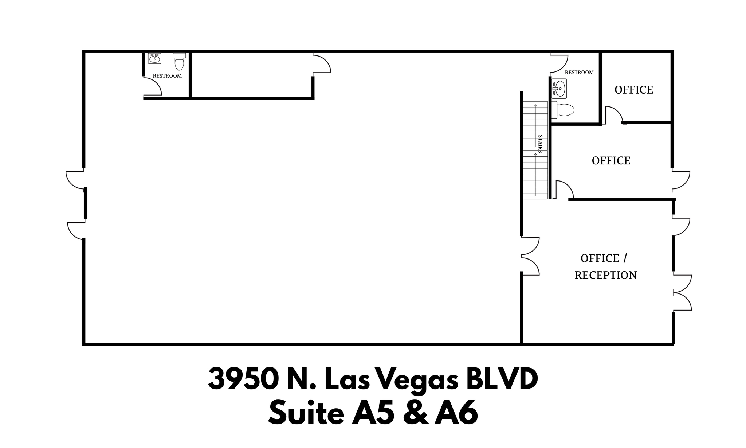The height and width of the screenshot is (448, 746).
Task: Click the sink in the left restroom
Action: [155, 58]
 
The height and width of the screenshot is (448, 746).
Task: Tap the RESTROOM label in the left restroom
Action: [167, 76]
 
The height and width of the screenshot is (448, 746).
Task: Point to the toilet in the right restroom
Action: [564, 110]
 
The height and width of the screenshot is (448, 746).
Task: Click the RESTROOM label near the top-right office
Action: [579, 73]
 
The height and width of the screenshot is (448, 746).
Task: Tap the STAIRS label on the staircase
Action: [540, 144]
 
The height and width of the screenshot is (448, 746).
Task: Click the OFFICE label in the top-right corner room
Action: [633, 90]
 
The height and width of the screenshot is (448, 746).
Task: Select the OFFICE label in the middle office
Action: [611, 161]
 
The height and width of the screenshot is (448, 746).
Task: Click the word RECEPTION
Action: [605, 275]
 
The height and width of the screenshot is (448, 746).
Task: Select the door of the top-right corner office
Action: [613, 114]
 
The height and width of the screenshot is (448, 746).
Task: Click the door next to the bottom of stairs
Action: [564, 190]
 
